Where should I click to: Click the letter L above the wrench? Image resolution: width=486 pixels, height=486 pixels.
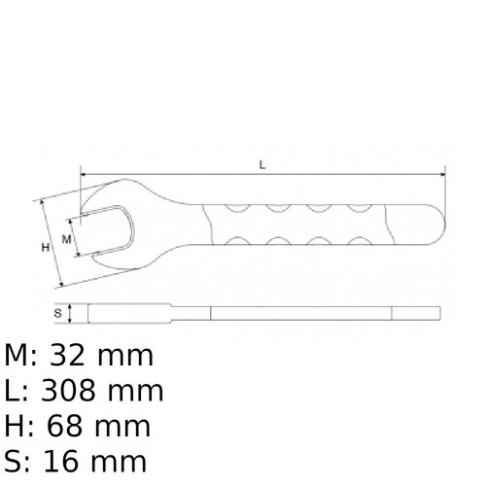click(262, 165)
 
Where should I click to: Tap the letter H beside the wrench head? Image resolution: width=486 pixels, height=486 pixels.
click(45, 248)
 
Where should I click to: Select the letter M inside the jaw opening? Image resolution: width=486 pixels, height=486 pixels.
click(67, 237)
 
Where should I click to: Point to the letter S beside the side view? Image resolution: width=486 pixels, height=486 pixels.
click(58, 313)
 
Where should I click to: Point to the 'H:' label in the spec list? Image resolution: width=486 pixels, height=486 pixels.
click(18, 425)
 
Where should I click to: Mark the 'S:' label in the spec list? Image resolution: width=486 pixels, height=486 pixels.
click(17, 460)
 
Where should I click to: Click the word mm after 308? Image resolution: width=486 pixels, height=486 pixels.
click(136, 391)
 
